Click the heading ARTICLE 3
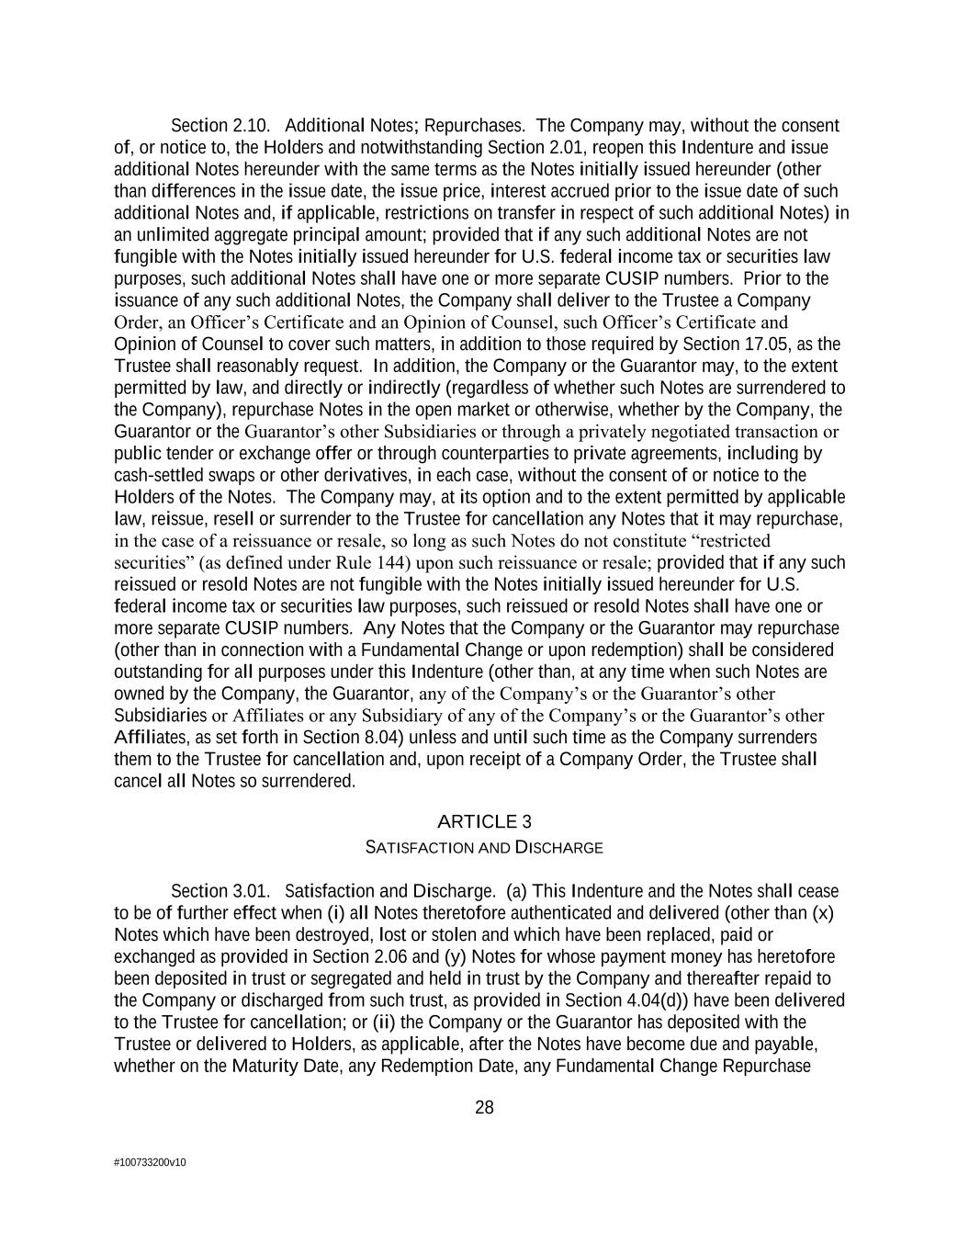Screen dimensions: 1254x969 pos(484,821)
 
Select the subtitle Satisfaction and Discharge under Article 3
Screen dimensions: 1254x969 pos(484,847)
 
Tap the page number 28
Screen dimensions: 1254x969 pos(484,1107)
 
